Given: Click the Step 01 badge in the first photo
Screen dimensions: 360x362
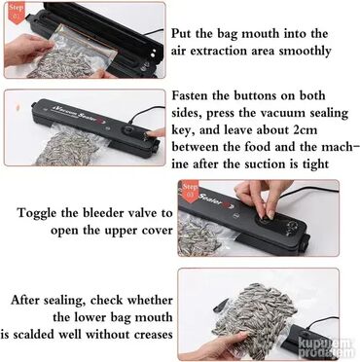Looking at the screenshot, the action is pos(16,13).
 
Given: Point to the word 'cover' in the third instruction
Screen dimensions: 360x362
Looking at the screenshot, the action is pos(158,231).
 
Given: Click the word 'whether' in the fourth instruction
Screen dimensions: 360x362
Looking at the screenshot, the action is pos(150,300).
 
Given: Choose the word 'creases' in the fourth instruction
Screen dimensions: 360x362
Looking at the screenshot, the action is pos(154,335).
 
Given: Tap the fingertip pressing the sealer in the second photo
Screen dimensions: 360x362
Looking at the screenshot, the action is pos(152,133).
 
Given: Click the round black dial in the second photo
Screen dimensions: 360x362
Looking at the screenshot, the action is pos(128,131).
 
